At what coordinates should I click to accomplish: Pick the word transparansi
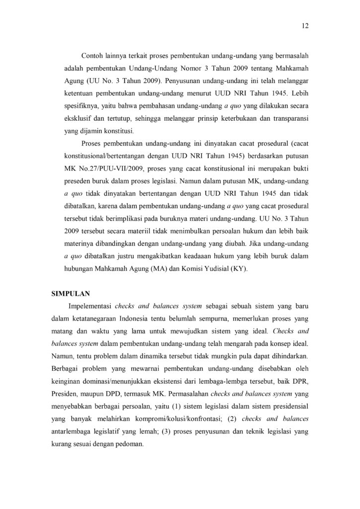[290, 119]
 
